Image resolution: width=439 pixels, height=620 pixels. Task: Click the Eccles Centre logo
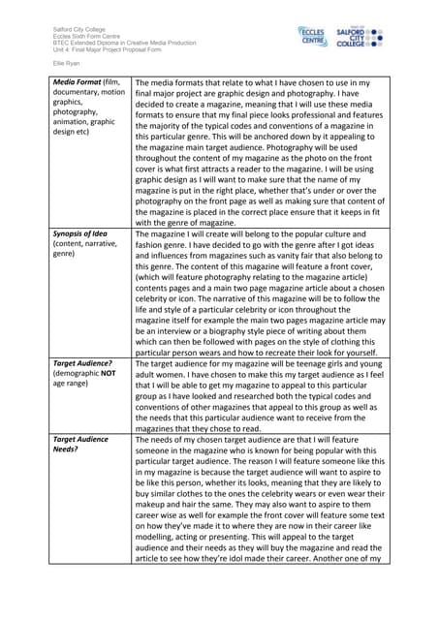tap(314, 37)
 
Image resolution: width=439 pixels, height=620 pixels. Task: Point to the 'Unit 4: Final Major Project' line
tap(102, 50)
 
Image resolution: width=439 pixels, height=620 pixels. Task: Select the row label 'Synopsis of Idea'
tap(85, 235)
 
